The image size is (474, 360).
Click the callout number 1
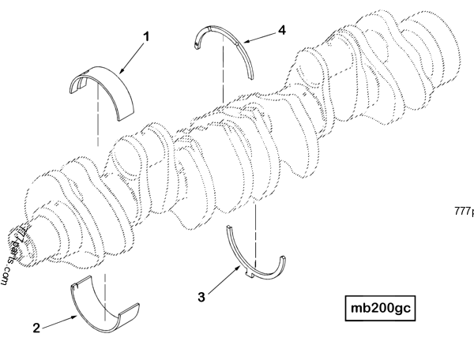click(x=145, y=36)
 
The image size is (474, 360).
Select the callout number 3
click(x=202, y=297)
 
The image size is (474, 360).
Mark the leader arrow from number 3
click(x=223, y=283)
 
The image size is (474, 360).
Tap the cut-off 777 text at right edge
click(x=464, y=211)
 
